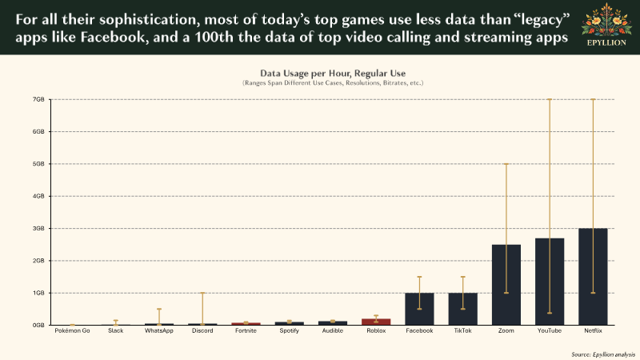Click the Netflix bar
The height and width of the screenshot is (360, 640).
coord(593,277)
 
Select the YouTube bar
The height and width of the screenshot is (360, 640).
coord(550,282)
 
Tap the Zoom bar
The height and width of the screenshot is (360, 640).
coord(506,285)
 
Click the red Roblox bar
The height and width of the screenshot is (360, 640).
coord(376,322)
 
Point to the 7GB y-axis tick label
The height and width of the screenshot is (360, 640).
coord(38,99)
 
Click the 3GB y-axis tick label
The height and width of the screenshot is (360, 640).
coord(38,228)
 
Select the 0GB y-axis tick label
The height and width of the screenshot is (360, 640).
coord(38,325)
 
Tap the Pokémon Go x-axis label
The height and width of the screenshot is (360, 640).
coord(72,330)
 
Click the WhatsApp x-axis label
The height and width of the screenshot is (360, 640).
coord(159,330)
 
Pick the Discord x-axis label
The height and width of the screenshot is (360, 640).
coord(202,330)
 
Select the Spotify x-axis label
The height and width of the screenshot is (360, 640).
coord(290,330)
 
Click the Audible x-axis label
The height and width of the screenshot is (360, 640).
coord(333,330)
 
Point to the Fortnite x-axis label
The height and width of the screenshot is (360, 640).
coord(246,330)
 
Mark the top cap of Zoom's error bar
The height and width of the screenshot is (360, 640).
coord(506,164)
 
